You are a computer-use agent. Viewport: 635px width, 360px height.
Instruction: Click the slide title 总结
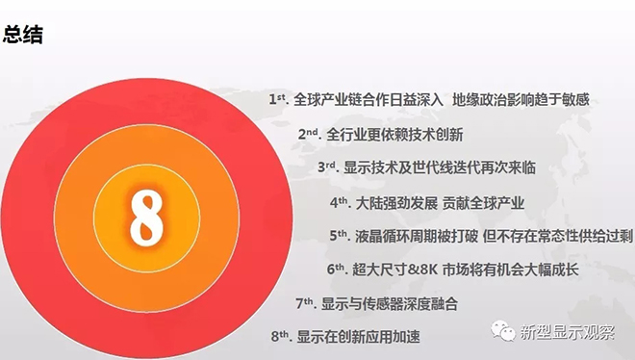coord(22,36)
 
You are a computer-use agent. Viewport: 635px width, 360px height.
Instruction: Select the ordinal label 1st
coord(280,99)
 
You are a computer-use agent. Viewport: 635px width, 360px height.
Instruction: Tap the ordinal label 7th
coord(306,304)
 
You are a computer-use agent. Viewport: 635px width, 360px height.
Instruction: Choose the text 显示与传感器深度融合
coord(390,305)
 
